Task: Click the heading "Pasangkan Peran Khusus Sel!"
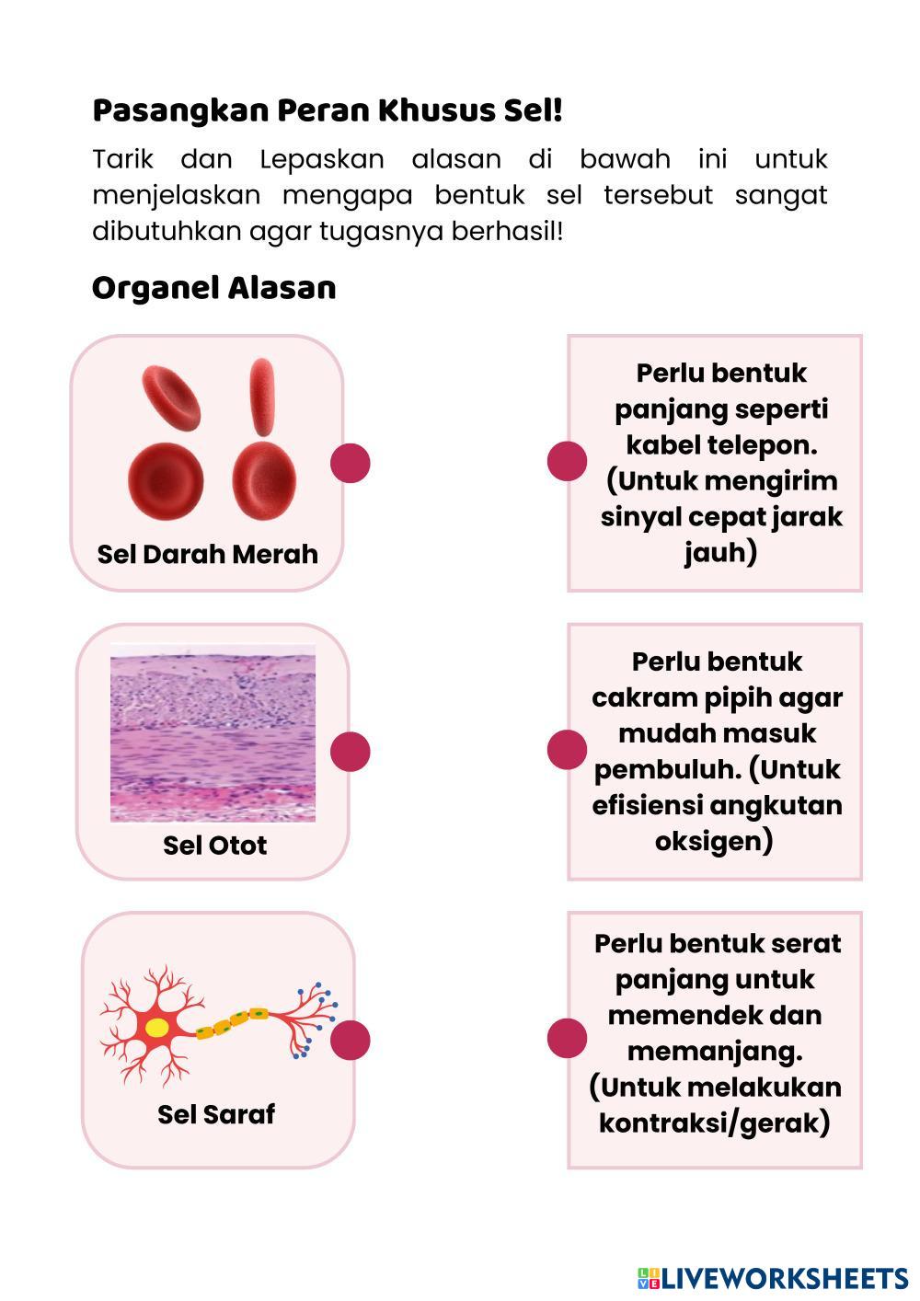click(327, 111)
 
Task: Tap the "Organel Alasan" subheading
click(213, 288)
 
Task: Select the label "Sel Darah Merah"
click(207, 554)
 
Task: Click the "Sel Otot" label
click(214, 845)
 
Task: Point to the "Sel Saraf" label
click(216, 1114)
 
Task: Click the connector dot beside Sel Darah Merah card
click(351, 462)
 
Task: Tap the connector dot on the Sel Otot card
click(351, 751)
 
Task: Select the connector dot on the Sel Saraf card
click(351, 1040)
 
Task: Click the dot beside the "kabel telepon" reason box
click(567, 461)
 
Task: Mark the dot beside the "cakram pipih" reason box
click(567, 749)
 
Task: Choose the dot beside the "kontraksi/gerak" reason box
click(567, 1038)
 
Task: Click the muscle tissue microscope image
click(213, 732)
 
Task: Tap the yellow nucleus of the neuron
click(157, 1028)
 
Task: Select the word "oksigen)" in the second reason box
click(714, 841)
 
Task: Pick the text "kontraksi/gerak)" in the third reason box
click(715, 1123)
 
